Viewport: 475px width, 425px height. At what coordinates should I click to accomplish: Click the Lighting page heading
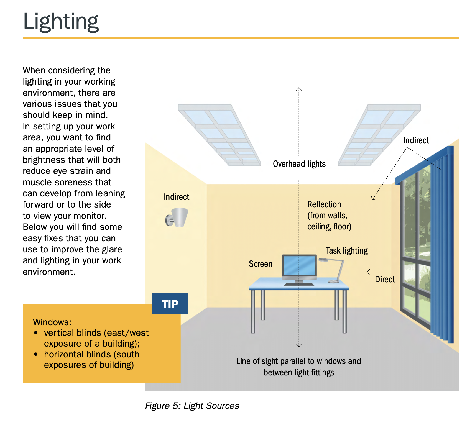point(61,21)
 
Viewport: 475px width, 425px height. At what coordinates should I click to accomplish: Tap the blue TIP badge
point(170,304)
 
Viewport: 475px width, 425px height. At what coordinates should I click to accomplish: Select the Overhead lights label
point(299,164)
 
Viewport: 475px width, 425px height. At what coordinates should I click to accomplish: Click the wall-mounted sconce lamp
point(177,217)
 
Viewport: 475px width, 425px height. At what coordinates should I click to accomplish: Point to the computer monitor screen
point(299,265)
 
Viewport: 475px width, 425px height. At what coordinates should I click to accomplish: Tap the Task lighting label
point(346,251)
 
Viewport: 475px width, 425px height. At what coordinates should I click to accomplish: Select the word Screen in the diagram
point(260,264)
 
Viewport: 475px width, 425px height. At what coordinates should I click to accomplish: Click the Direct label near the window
point(385,279)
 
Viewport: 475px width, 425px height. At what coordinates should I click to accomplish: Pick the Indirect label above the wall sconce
point(176,197)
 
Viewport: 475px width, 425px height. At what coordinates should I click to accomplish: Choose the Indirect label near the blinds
point(416,140)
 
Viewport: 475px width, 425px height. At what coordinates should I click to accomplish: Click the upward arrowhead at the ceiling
point(299,89)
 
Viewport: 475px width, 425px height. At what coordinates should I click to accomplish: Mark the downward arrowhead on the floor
point(299,345)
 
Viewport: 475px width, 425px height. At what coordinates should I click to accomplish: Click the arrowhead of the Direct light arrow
point(368,272)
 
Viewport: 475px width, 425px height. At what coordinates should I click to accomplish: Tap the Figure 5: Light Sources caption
point(192,406)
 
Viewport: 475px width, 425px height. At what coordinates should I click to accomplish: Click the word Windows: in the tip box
point(52,322)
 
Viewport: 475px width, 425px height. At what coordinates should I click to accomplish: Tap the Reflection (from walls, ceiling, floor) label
point(329,215)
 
